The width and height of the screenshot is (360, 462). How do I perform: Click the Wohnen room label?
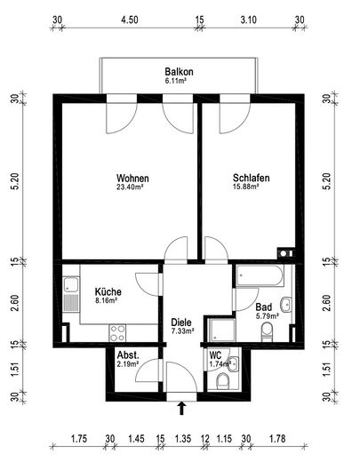132,179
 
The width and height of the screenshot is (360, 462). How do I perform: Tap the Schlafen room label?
251,178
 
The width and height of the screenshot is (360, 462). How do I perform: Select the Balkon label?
179,72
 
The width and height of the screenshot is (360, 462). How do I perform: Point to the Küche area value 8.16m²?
106,301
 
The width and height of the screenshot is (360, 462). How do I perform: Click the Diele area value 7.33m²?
182,331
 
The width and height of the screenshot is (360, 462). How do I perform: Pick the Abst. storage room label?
128,355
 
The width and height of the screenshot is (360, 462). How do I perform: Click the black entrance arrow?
182,408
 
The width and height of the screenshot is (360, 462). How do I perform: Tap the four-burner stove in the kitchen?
117,333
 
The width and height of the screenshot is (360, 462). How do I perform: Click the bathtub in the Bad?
260,275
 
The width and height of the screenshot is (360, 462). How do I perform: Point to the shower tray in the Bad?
221,330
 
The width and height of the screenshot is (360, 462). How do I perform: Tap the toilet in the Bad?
267,331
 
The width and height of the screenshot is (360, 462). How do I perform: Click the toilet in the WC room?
223,381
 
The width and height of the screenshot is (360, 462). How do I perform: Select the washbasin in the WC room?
234,363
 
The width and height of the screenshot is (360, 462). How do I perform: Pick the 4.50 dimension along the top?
130,20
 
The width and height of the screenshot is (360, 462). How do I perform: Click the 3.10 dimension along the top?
248,20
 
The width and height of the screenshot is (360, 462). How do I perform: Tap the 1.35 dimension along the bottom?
183,439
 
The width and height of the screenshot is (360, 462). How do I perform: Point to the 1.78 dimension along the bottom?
277,439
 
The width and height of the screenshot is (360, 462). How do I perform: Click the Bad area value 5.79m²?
268,316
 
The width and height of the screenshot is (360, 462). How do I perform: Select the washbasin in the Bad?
286,305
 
